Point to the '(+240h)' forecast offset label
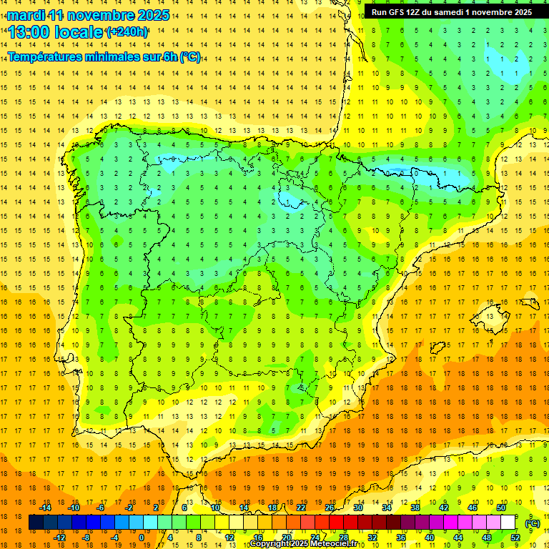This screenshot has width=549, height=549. [127, 31]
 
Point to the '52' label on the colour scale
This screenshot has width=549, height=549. [515, 538]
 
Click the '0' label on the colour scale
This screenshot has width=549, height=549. [142, 538]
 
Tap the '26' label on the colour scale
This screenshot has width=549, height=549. [330, 508]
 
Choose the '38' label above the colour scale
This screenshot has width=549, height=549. [415, 508]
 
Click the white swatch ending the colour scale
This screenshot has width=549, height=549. [508, 523]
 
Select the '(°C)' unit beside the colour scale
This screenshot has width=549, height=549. [532, 523]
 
